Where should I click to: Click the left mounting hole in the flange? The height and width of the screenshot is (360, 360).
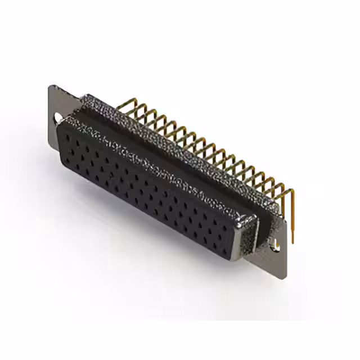coord(57,119)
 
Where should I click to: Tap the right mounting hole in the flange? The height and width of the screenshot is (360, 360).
coord(276,245)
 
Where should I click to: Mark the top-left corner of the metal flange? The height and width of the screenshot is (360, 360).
coord(51,85)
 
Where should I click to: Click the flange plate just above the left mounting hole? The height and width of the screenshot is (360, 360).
coord(56,101)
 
